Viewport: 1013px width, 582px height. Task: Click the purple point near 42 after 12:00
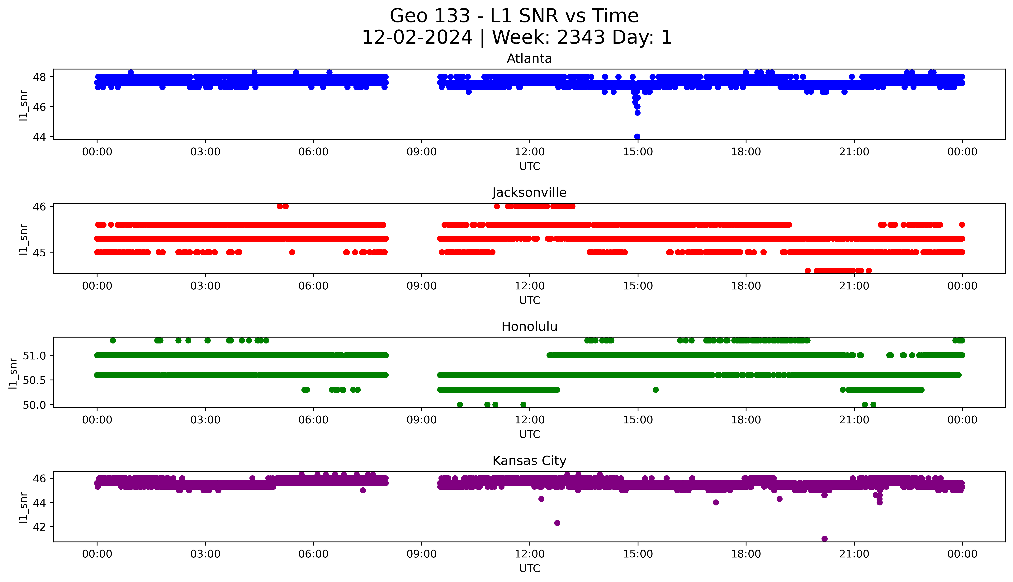[557, 523]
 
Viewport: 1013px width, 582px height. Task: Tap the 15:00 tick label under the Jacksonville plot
[638, 286]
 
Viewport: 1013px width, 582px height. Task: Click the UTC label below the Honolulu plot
[529, 434]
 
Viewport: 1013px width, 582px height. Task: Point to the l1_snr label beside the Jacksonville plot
[23, 239]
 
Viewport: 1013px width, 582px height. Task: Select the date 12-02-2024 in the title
[417, 38]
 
